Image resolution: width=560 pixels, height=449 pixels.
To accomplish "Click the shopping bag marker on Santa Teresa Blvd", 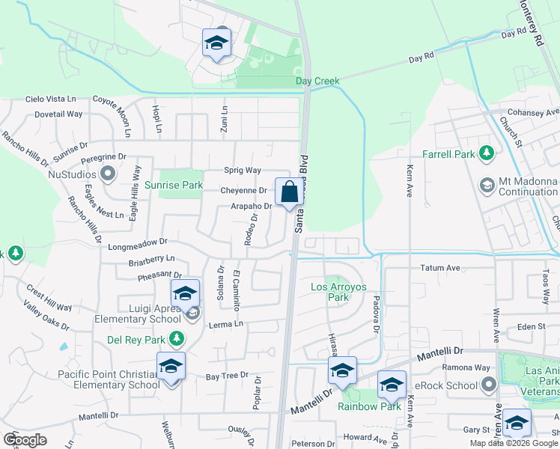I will [288, 193].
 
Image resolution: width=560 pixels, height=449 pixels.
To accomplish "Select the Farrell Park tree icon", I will [487, 153].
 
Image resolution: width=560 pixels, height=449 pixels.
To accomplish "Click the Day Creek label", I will [317, 80].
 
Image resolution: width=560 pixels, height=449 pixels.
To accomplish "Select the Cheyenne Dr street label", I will [243, 191].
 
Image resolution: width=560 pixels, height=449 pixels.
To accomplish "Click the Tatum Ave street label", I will [439, 267].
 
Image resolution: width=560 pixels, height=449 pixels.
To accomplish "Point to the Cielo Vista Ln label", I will [51, 99].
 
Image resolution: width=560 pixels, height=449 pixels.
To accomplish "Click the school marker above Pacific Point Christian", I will [171, 367].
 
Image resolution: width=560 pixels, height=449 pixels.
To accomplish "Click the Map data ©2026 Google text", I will [514, 443].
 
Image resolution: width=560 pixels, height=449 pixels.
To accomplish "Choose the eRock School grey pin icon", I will [490, 385].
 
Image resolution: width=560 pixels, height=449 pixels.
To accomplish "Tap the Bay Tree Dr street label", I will [227, 375].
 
